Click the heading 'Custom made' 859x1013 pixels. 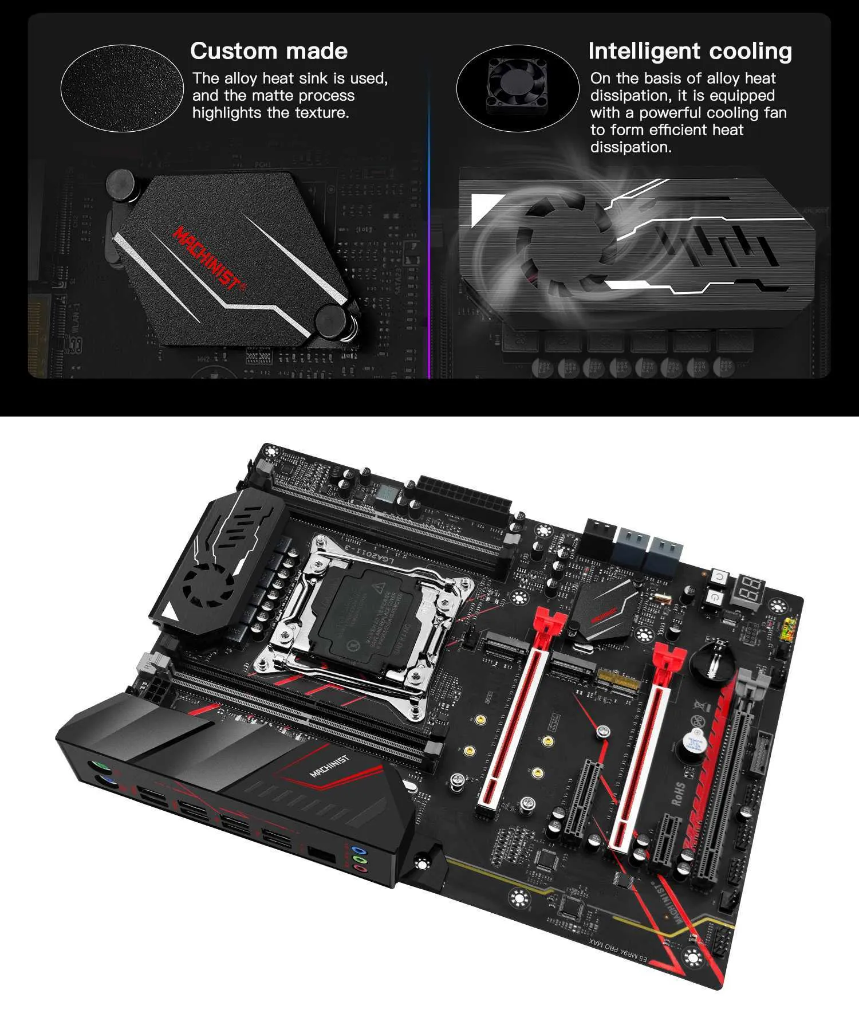pyautogui.click(x=269, y=51)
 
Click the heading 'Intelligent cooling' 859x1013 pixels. pyautogui.click(x=690, y=51)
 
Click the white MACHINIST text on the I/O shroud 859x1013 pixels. pyautogui.click(x=329, y=766)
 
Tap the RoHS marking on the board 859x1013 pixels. pyautogui.click(x=678, y=794)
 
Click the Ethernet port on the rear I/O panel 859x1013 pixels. pyautogui.click(x=321, y=853)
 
